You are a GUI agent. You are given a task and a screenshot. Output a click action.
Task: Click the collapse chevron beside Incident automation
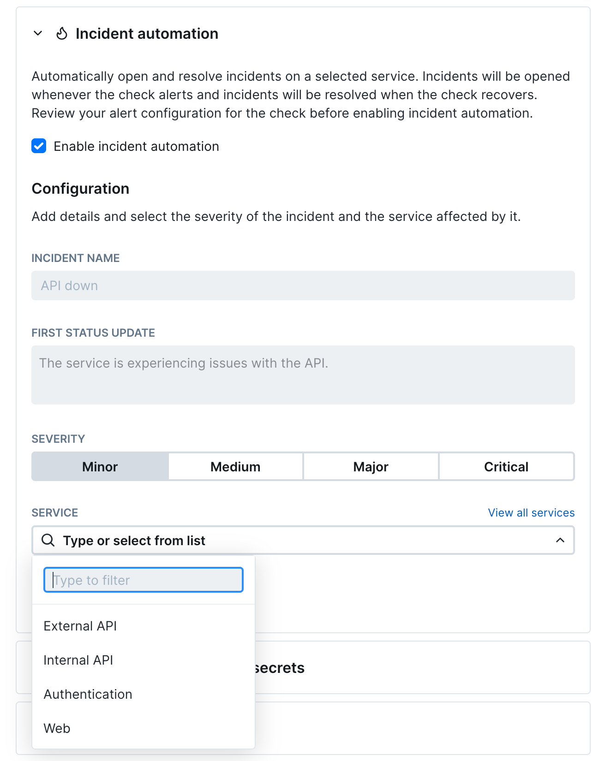click(x=38, y=33)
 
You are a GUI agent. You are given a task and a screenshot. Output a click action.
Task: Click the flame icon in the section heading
click(x=62, y=34)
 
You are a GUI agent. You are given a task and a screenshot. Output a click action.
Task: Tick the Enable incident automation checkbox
click(x=39, y=146)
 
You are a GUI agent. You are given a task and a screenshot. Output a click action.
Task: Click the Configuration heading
click(x=80, y=189)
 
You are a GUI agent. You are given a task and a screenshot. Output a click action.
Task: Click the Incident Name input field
click(x=303, y=285)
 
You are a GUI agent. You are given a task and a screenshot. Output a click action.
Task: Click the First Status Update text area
click(x=303, y=375)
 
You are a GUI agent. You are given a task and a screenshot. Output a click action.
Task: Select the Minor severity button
click(x=100, y=467)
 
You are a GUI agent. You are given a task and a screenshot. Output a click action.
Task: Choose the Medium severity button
click(x=235, y=467)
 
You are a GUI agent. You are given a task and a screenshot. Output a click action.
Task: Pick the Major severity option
click(x=371, y=467)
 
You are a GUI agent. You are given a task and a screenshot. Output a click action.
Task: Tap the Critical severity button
click(x=506, y=467)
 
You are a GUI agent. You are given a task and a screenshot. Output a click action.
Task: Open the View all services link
click(x=531, y=513)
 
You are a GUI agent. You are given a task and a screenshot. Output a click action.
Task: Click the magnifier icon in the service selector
click(x=48, y=540)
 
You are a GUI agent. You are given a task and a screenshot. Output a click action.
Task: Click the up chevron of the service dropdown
click(x=560, y=540)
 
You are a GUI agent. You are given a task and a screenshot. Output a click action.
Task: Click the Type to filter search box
click(x=143, y=580)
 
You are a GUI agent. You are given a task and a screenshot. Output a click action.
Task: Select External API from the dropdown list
click(x=80, y=626)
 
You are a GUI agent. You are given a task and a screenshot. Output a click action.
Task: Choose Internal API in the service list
click(x=78, y=660)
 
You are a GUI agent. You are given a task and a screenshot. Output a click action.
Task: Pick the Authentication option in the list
click(x=88, y=694)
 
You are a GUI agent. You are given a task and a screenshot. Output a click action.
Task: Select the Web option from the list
click(x=57, y=728)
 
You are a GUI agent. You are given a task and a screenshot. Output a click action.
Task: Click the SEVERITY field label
click(x=58, y=439)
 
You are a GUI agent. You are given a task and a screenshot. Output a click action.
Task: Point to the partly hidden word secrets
click(x=280, y=668)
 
